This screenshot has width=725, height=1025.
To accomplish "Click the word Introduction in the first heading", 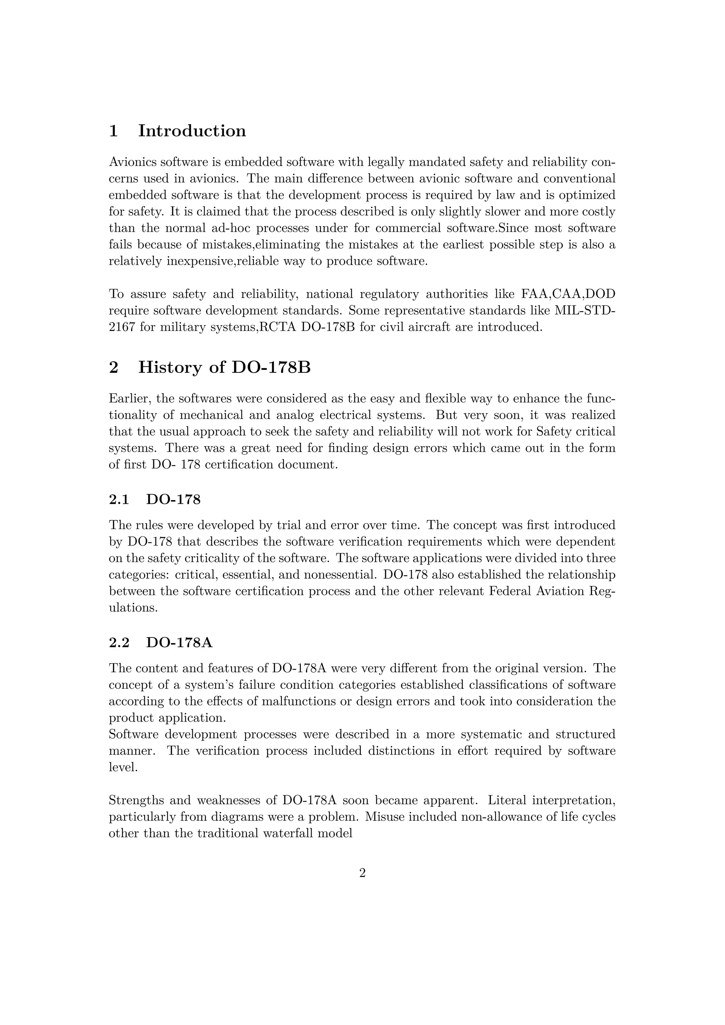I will pos(192,131).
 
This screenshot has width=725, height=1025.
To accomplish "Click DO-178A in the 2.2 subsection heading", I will pos(179,643).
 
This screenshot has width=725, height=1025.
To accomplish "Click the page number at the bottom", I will pos(362,873).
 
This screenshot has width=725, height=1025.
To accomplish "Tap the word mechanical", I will pos(212,415).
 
